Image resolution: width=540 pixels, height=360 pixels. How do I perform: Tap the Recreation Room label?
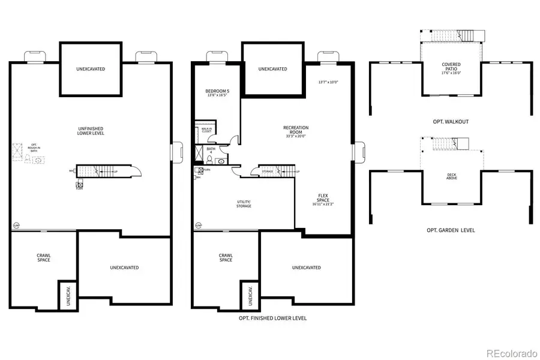click(296, 130)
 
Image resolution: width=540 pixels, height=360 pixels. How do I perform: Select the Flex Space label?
click(323, 199)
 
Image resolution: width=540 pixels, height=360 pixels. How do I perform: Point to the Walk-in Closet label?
click(206, 130)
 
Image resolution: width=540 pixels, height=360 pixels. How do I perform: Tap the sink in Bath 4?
click(221, 161)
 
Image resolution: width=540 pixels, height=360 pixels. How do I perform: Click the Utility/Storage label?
click(243, 203)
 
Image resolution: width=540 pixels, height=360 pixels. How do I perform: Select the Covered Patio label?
click(451, 67)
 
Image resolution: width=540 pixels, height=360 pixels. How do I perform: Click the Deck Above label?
click(451, 176)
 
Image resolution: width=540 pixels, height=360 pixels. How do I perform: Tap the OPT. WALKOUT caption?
click(451, 122)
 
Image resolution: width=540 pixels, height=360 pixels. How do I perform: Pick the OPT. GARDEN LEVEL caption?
click(451, 230)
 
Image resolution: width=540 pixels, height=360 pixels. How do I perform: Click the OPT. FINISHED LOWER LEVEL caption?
click(272, 318)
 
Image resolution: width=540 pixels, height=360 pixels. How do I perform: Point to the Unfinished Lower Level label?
click(91, 130)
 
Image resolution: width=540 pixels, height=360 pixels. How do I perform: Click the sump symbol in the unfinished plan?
click(16, 226)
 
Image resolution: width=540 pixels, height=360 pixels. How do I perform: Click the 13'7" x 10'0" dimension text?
click(329, 82)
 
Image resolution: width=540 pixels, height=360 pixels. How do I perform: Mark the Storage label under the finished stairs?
click(267, 172)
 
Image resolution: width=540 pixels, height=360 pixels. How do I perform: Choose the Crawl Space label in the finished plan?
click(226, 257)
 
